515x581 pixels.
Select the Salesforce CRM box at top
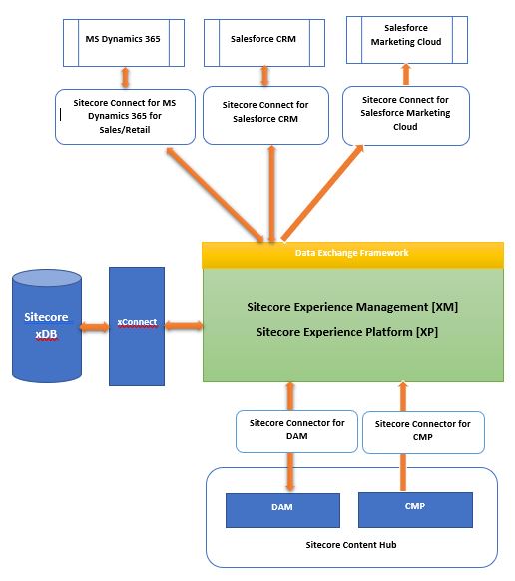(264, 40)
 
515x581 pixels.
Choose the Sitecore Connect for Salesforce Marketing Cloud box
(405, 113)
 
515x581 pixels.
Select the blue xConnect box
(136, 325)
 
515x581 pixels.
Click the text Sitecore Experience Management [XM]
(351, 307)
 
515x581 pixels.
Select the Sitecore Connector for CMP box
(422, 430)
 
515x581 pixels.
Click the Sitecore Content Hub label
(351, 545)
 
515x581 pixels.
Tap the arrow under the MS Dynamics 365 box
(125, 76)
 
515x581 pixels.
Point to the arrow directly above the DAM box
(290, 470)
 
